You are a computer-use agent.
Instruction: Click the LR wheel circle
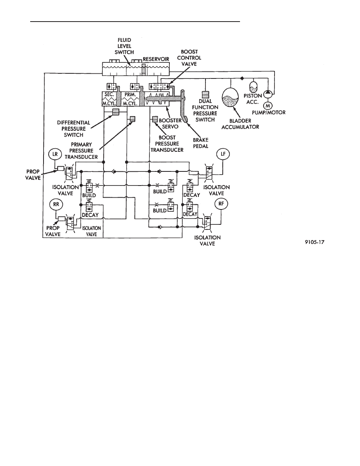[55, 155]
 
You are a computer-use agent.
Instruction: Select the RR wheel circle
[56, 205]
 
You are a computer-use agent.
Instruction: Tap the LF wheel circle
[224, 154]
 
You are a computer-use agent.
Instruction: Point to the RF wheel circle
[221, 204]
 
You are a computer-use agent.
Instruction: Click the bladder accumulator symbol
[231, 98]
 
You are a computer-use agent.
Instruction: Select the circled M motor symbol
[268, 106]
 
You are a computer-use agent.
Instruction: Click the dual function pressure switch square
[205, 94]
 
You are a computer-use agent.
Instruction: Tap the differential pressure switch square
[116, 112]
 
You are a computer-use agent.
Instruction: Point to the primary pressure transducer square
[133, 119]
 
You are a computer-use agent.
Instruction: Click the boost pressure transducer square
[155, 119]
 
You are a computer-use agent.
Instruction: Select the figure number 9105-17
[315, 242]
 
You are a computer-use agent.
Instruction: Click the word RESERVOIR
[156, 59]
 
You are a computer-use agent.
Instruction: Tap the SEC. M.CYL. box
[109, 99]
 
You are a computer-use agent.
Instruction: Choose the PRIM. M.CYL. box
[130, 99]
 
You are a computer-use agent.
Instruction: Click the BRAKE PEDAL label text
[201, 143]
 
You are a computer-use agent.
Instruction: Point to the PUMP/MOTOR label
[269, 113]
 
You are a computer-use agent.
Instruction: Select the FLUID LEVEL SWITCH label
[124, 46]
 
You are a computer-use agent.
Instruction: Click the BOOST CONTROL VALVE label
[189, 58]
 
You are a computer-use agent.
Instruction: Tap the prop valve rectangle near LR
[61, 169]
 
